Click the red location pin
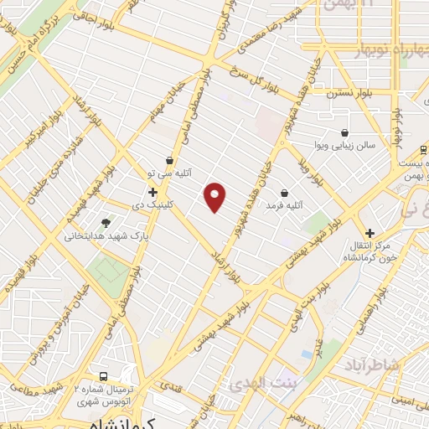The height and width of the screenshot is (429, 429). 215,197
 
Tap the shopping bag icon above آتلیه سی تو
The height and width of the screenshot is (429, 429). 171,159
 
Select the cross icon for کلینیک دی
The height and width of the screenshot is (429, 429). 152,193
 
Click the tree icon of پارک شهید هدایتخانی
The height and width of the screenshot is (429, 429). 106,223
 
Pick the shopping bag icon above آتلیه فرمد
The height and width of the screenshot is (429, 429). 284,192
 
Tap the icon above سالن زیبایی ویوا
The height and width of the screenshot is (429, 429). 344,132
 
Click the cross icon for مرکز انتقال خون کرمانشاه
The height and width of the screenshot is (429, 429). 370,233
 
